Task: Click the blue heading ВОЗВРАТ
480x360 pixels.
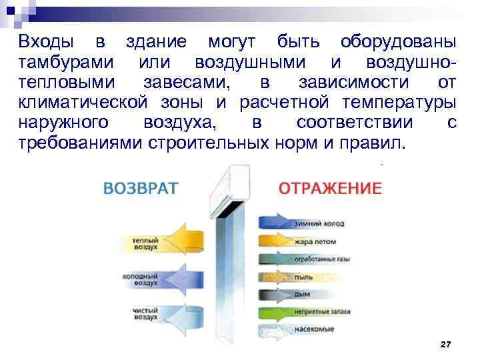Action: pos(141,187)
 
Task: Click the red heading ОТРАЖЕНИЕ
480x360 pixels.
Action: pos(330,187)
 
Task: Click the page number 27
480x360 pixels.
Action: pos(446,343)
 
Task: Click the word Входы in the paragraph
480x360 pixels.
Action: pos(41,42)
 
